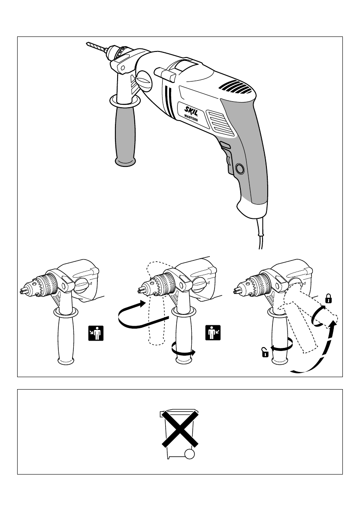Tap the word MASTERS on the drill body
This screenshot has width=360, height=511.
pyautogui.click(x=191, y=118)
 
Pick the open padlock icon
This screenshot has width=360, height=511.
pyautogui.click(x=266, y=353)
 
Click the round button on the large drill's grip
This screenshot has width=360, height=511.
pyautogui.click(x=240, y=169)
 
